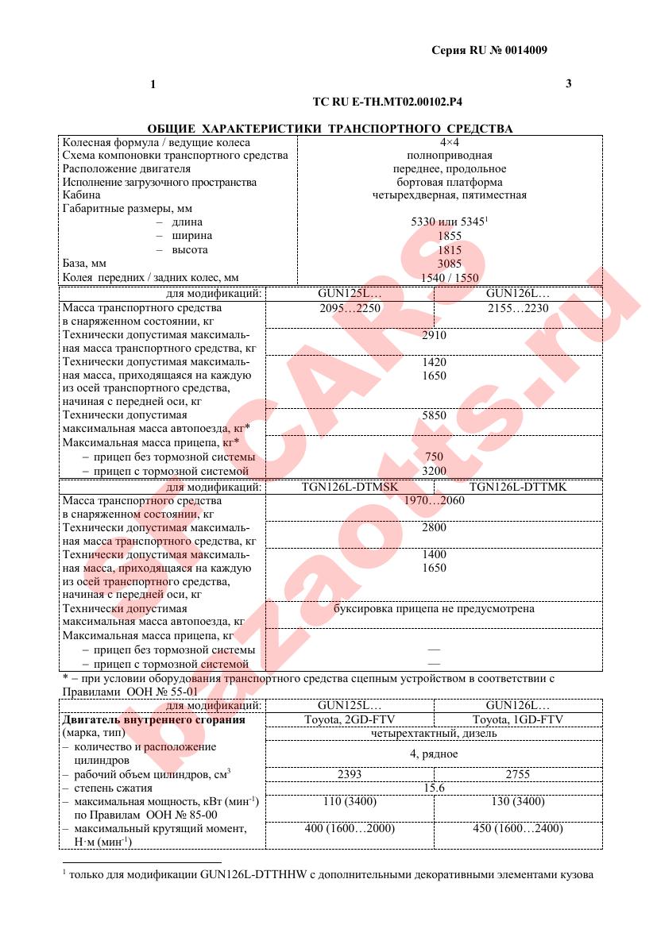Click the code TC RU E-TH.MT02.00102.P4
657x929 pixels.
pyautogui.click(x=388, y=102)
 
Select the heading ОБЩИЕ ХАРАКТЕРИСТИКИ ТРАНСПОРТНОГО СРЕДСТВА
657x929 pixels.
pyautogui.click(x=330, y=128)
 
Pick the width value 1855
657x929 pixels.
pyautogui.click(x=449, y=236)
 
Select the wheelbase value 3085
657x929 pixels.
pyautogui.click(x=449, y=263)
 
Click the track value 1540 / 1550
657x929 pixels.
pyautogui.click(x=449, y=277)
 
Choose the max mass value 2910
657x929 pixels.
pyautogui.click(x=435, y=335)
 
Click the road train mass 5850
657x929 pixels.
pyautogui.click(x=435, y=414)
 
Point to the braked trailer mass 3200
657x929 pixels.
pyautogui.click(x=435, y=471)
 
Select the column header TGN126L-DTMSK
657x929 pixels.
pyautogui.click(x=350, y=487)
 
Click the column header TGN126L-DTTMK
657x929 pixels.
pyautogui.click(x=518, y=487)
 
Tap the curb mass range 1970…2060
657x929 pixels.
pyautogui.click(x=435, y=500)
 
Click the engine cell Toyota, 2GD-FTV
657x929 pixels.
pyautogui.click(x=350, y=720)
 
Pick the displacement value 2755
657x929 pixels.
pyautogui.click(x=518, y=774)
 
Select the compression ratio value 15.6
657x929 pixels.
pyautogui.click(x=435, y=788)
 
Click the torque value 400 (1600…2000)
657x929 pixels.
pyautogui.click(x=350, y=828)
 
